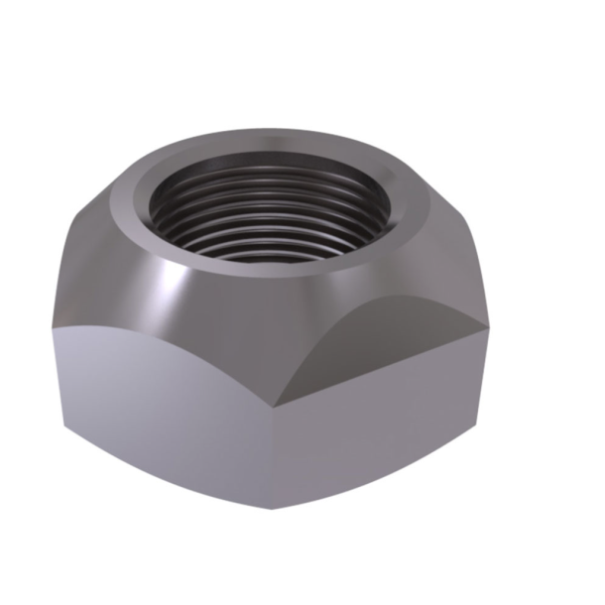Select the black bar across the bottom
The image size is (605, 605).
click(302, 561)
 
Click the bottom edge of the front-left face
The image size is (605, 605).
click(169, 476)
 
